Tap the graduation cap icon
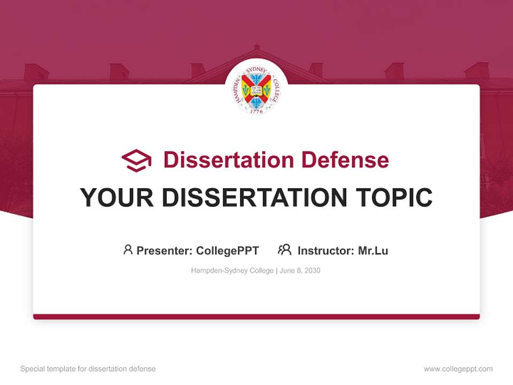(x=136, y=160)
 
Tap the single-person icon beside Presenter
(x=128, y=250)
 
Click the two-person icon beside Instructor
(x=284, y=250)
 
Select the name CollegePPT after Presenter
(x=228, y=251)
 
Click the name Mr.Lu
(x=373, y=251)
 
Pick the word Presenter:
(x=165, y=251)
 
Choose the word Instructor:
(x=325, y=251)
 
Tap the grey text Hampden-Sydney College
(x=232, y=271)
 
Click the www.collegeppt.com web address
(x=458, y=369)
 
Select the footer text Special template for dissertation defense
(x=88, y=369)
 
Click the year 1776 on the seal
(x=256, y=111)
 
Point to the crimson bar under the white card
(x=256, y=317)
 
